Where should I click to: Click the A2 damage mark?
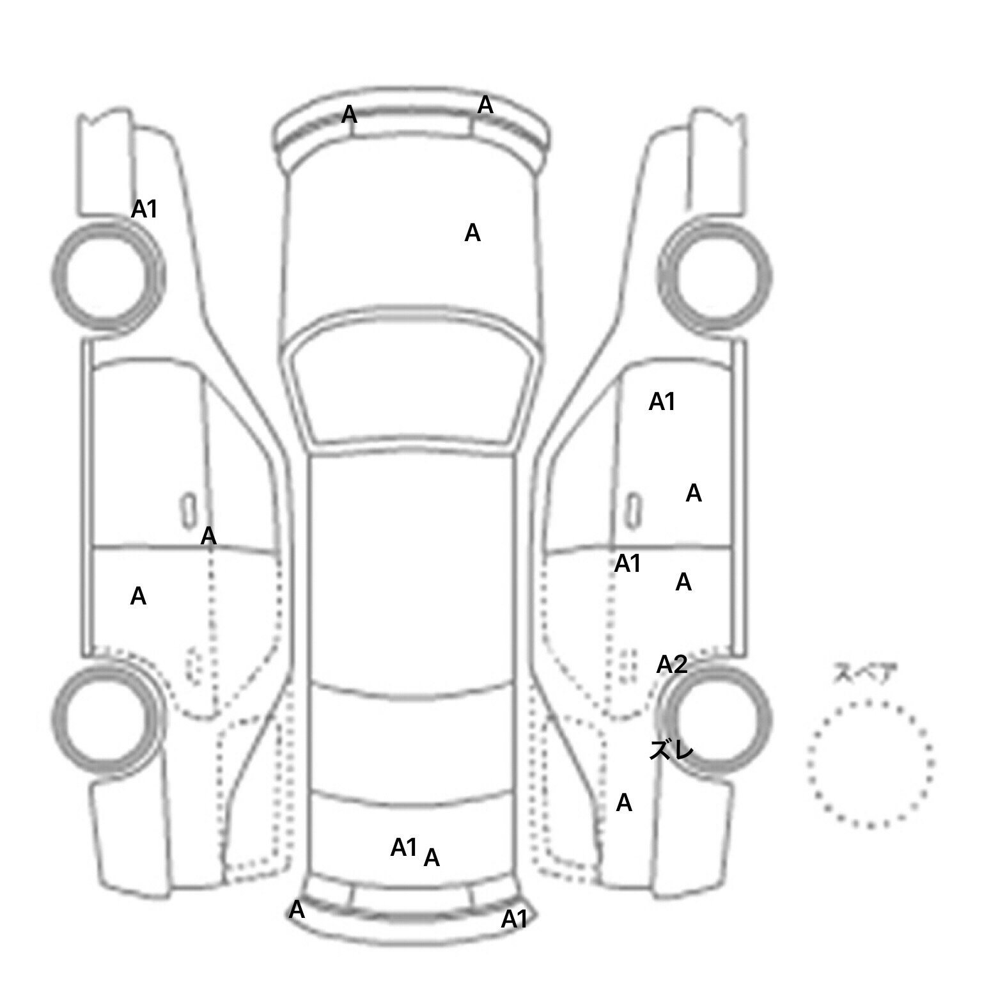[671, 665]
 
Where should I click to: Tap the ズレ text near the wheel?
[671, 750]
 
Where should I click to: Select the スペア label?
[864, 674]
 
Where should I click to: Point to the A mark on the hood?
[472, 233]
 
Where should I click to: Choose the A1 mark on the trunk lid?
[403, 848]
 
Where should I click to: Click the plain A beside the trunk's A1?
[432, 858]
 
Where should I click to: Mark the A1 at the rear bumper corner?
[514, 919]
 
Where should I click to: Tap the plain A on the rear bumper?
[297, 910]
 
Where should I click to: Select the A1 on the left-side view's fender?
[144, 209]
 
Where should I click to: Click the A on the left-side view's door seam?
[208, 536]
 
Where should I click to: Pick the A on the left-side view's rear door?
[138, 596]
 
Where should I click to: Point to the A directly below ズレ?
[624, 803]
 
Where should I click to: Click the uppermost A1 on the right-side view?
[662, 402]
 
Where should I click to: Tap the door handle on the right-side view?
[633, 511]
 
